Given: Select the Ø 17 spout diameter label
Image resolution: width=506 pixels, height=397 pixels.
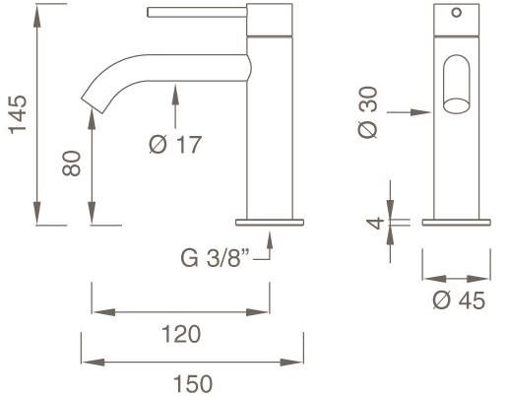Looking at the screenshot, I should click(175, 145).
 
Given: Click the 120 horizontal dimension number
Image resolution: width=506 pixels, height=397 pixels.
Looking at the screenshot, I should click(180, 333).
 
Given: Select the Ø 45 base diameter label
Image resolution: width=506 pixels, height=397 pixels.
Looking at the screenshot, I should click(459, 300).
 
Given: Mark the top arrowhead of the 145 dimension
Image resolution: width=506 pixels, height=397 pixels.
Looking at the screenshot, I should click(37, 11).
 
